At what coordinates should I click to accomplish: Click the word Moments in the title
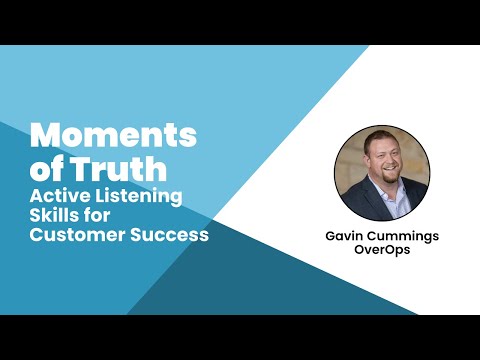(x=113, y=135)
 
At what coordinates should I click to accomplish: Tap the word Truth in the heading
(x=128, y=167)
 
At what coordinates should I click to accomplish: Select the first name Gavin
(x=344, y=238)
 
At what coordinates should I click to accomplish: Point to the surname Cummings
(x=402, y=238)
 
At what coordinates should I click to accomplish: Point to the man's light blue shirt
(x=390, y=206)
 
